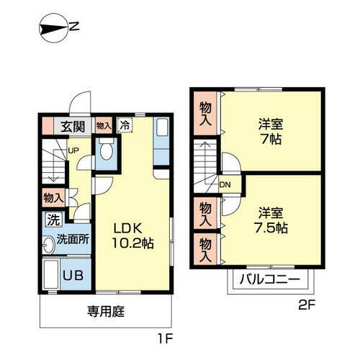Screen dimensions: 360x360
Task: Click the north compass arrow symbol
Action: pyautogui.click(x=51, y=29)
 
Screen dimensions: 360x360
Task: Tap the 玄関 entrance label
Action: pyautogui.click(x=72, y=127)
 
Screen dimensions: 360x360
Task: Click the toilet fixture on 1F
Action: pyautogui.click(x=106, y=151)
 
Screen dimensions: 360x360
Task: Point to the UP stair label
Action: pyautogui.click(x=73, y=150)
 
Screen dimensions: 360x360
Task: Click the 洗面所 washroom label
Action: pyautogui.click(x=73, y=240)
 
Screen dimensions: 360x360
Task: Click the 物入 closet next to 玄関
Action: pyautogui.click(x=104, y=126)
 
